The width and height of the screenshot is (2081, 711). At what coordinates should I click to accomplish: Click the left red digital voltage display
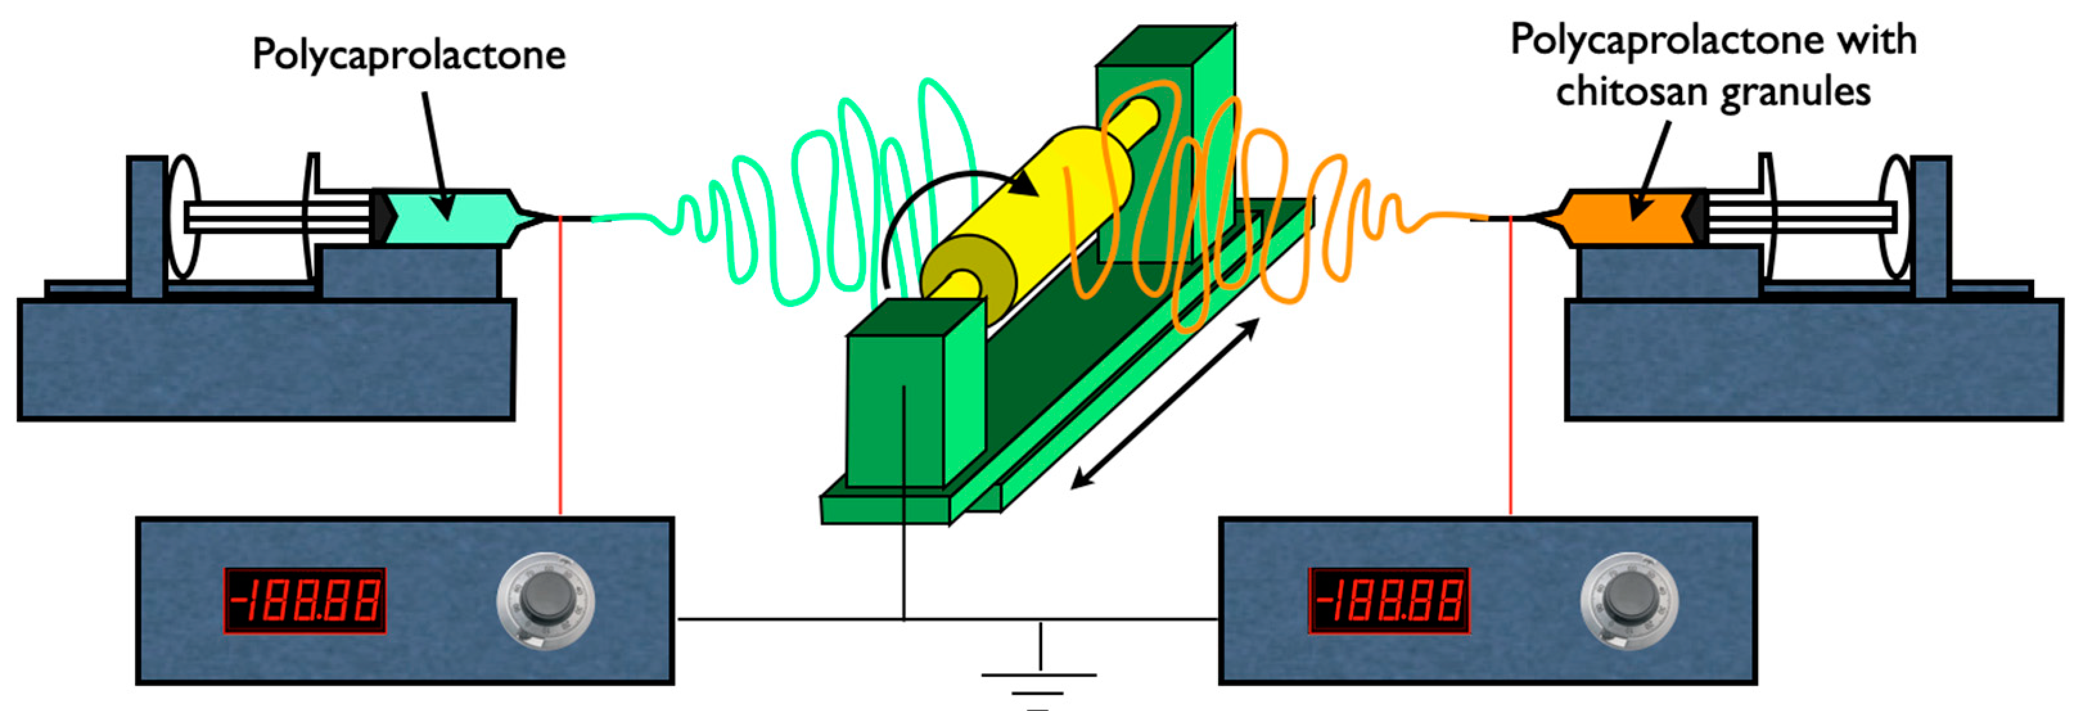pos(305,601)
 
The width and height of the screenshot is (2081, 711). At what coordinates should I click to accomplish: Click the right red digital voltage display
pos(1388,601)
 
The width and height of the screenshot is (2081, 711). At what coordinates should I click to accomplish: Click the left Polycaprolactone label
pos(409,55)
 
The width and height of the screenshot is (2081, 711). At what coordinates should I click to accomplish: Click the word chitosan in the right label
pos(1632,91)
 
